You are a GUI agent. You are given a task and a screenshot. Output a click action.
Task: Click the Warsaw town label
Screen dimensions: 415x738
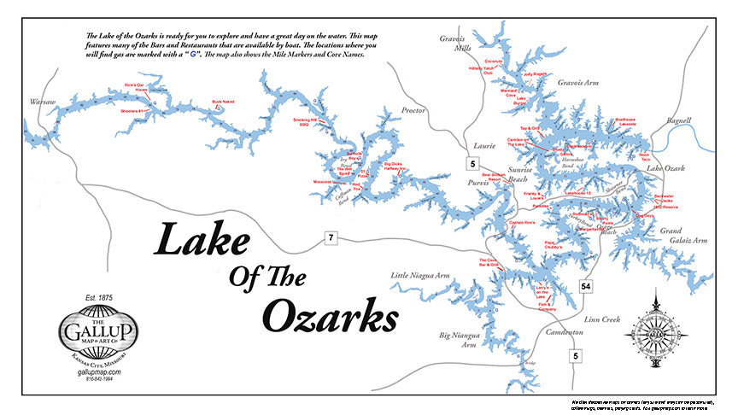coord(42,102)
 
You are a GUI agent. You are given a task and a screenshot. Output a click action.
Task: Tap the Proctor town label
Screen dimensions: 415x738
coord(414,111)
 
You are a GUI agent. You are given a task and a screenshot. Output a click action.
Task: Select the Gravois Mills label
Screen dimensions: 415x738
coord(455,44)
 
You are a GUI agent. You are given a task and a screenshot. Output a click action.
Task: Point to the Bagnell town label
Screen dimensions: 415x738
coord(677,121)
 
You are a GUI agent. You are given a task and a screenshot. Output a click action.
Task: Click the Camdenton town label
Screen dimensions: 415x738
coord(563,330)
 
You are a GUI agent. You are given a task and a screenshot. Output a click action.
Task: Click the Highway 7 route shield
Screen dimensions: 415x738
coord(331,237)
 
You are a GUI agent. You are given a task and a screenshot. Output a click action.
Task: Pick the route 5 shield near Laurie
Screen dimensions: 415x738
coord(471,162)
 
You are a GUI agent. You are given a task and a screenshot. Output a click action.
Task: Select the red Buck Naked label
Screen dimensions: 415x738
coord(223,102)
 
